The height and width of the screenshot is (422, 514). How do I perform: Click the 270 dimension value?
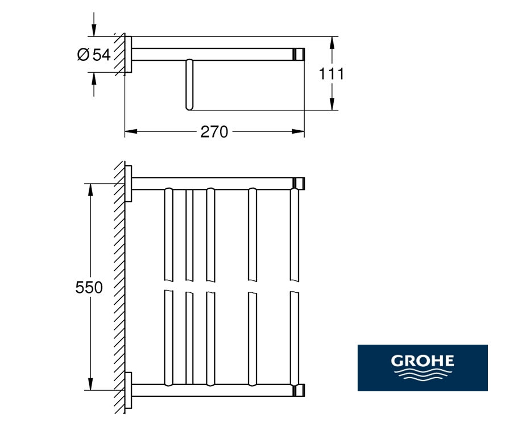tap(214, 132)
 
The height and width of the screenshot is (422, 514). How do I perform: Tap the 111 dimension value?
tap(331, 74)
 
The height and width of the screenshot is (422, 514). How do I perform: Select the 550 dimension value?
tap(89, 288)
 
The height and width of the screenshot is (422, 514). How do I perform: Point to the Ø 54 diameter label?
tap(94, 55)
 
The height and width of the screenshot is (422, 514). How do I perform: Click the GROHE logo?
tap(422, 367)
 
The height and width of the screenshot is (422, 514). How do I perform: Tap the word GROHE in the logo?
tap(422, 361)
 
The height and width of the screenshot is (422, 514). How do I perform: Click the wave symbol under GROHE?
tap(422, 374)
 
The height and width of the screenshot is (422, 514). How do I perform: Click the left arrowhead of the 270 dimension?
tap(131, 131)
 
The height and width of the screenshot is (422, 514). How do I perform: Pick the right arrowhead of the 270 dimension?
tap(299, 131)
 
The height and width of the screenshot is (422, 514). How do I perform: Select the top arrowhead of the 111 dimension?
tap(332, 43)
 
